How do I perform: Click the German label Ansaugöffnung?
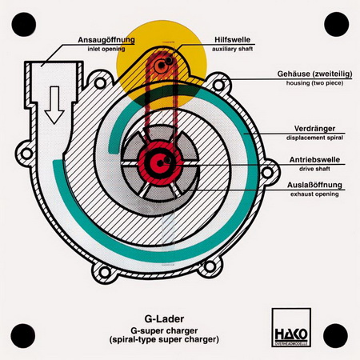point(106,40)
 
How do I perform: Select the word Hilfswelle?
point(233,40)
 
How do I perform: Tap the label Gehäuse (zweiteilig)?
point(314,74)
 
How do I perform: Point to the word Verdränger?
point(314,129)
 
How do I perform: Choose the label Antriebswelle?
point(314,160)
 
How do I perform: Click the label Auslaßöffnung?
point(314,185)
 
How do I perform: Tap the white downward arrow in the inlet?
point(54,105)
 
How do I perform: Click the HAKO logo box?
point(291,327)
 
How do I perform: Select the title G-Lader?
point(164,318)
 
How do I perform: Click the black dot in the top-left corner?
point(24,24)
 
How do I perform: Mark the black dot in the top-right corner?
point(337,24)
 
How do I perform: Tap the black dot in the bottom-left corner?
point(23,336)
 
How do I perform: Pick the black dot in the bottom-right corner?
point(335,336)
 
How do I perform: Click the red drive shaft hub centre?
point(159,163)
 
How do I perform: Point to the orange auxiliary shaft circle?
point(161,65)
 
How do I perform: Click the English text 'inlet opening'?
point(106,49)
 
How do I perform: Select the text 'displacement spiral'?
point(314,138)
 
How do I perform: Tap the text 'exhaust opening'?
point(314,194)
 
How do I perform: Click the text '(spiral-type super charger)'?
point(164,340)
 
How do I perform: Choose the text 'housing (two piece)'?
point(314,83)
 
